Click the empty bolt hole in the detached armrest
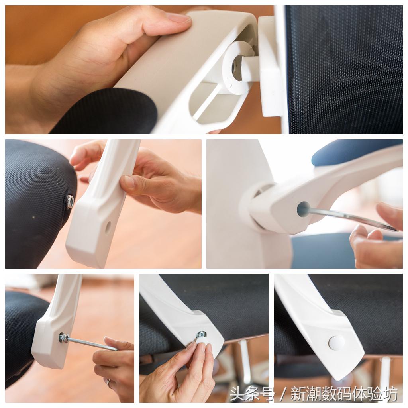(x=108, y=227)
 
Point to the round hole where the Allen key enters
(x=303, y=209)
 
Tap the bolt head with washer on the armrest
(x=63, y=338)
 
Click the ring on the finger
(x=109, y=382)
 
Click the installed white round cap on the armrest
(x=336, y=342)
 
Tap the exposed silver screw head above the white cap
(x=201, y=334)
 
